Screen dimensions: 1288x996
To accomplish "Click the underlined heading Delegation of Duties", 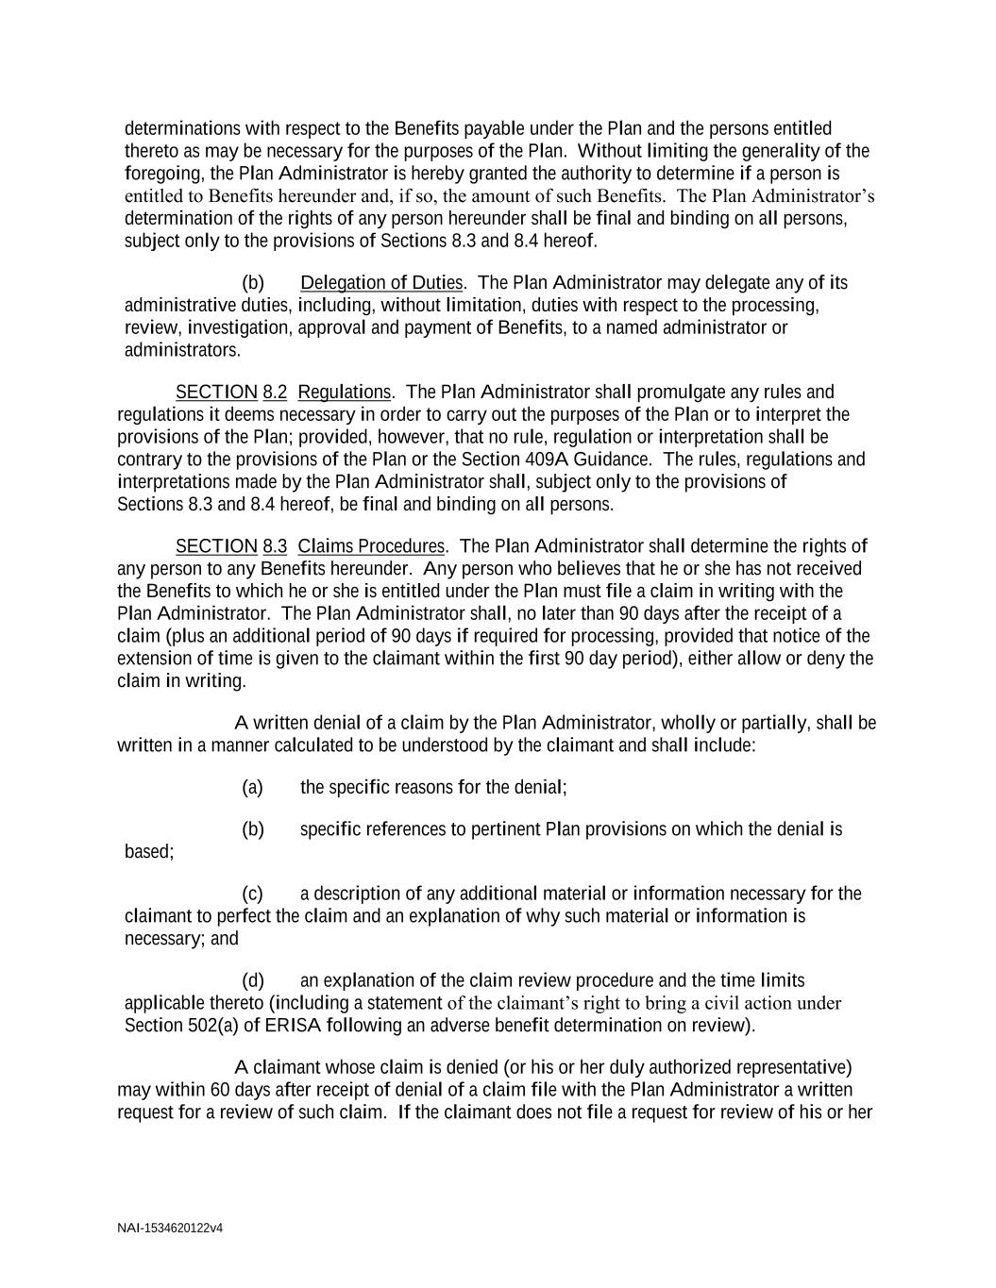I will click(381, 283).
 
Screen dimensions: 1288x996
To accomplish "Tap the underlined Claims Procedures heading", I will click(371, 546).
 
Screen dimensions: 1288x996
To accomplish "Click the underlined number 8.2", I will click(275, 392).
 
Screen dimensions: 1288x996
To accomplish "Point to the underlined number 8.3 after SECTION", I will click(275, 546).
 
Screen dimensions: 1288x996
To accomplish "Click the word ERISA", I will click(288, 1026).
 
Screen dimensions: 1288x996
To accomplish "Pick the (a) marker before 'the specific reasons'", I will click(252, 787).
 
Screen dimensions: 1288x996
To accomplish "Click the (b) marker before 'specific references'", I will click(252, 829).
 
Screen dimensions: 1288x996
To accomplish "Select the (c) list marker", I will click(252, 894).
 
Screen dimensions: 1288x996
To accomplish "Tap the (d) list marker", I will click(252, 981).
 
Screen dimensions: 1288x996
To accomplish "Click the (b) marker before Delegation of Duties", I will click(252, 283).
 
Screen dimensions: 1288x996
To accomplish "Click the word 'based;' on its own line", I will click(149, 852).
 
